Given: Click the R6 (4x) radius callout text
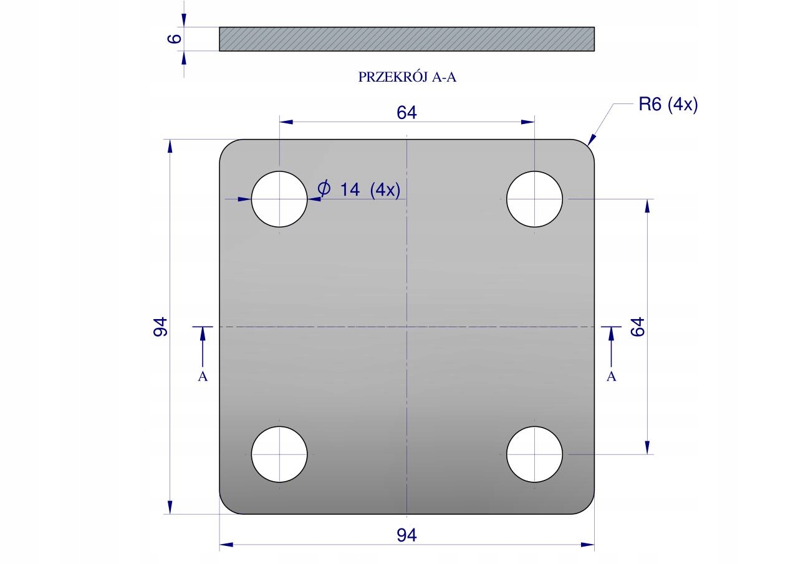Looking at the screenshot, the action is coord(668,104).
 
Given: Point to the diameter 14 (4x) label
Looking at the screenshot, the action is coord(359,189).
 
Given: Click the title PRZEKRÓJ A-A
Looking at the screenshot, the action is coord(407,77).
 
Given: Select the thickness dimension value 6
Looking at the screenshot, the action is coord(175,39).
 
